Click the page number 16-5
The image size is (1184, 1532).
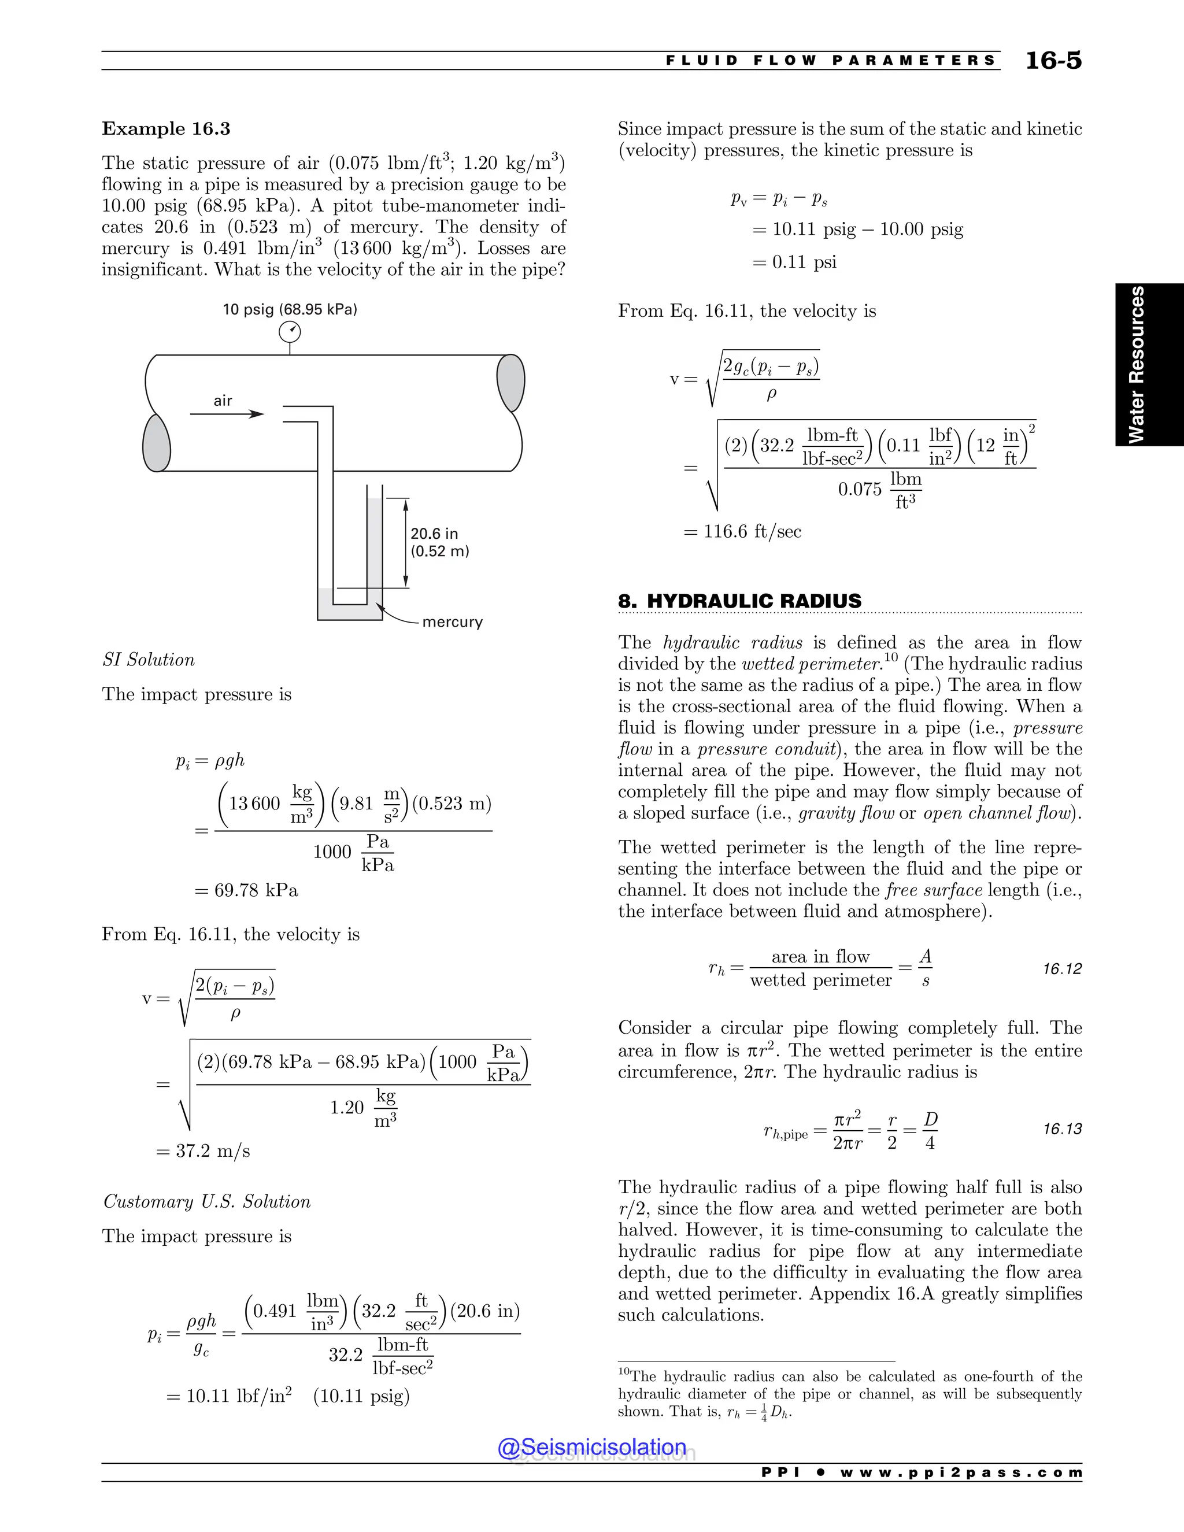point(1053,60)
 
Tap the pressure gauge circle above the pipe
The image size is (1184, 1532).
point(290,332)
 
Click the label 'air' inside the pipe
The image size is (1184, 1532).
point(223,401)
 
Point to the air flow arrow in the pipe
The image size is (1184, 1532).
point(227,414)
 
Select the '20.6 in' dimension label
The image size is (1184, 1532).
point(434,534)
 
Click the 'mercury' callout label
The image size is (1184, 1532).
point(453,622)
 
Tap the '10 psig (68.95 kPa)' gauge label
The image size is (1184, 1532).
point(290,309)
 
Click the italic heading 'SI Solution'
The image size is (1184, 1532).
point(149,660)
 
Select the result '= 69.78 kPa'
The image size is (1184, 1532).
point(246,890)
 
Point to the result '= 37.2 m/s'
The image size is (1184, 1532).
point(203,1151)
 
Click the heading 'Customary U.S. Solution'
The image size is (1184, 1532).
point(207,1202)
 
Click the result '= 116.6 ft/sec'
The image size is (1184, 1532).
point(742,532)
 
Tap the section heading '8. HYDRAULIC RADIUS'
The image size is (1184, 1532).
point(739,601)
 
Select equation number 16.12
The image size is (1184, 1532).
point(1062,969)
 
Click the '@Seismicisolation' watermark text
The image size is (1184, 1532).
point(592,1447)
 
